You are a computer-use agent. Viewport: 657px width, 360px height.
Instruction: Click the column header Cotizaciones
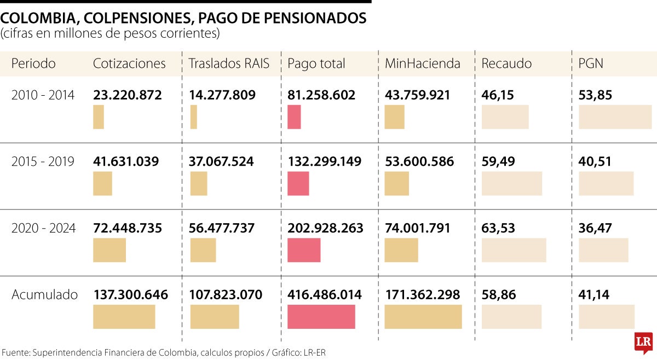[129, 63]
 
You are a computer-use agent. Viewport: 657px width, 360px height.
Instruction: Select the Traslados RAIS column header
[229, 63]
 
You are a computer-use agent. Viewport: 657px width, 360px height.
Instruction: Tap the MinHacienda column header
[422, 63]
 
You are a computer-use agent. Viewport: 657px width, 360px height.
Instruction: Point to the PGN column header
[591, 63]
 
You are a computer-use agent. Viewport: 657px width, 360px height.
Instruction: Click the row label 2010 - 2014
[43, 95]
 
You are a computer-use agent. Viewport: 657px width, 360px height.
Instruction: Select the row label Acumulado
[45, 295]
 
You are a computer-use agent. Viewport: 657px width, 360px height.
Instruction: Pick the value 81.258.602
[321, 95]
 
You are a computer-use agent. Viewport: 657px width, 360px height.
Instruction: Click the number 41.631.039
[126, 162]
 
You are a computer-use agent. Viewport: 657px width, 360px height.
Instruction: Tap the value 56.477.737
[222, 228]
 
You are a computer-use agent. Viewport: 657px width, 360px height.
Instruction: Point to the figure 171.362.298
[422, 295]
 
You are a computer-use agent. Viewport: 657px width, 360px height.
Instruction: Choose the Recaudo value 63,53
[498, 228]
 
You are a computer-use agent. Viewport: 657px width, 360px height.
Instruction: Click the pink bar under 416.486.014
[321, 317]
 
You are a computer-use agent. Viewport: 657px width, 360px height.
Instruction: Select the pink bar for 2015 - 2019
[298, 183]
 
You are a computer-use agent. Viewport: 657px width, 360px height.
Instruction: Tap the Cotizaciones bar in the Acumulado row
[124, 317]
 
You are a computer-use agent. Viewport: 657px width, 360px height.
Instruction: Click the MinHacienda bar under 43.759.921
[394, 117]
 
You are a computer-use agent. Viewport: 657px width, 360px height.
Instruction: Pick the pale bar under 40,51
[606, 183]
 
